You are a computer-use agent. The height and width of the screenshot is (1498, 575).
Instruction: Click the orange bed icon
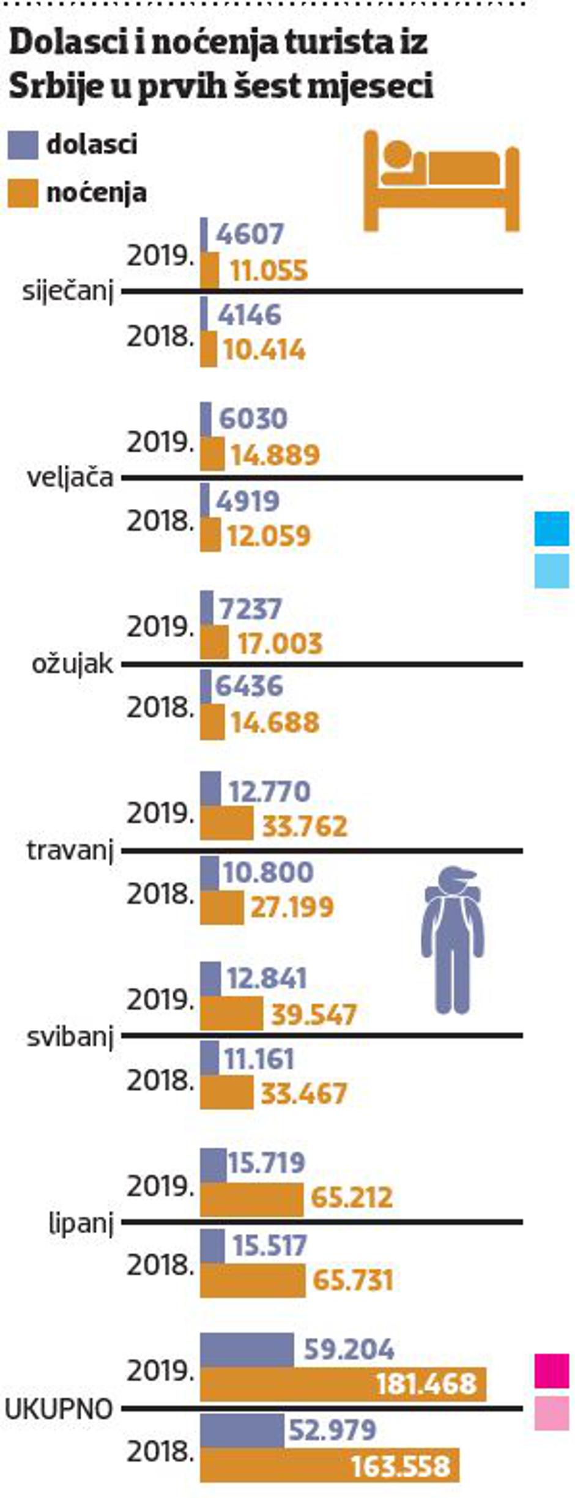(x=441, y=181)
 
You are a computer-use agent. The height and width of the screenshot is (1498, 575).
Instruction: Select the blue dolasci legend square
(x=23, y=146)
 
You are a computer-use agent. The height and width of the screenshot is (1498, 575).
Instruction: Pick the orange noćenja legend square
(x=23, y=193)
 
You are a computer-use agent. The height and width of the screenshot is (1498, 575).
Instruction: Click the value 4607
(x=250, y=234)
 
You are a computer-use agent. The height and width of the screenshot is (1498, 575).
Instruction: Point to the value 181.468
(x=426, y=1384)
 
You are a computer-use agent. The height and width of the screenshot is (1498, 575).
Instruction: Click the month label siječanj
(x=68, y=291)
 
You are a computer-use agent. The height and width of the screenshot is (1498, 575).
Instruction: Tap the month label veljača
(x=70, y=478)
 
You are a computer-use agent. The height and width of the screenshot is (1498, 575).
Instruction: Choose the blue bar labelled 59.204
(x=247, y=1350)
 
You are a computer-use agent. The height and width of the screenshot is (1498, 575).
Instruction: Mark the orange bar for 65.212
(x=251, y=1200)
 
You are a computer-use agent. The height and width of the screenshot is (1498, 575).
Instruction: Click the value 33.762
(x=304, y=826)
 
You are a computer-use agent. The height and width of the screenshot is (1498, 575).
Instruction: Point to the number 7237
(x=250, y=609)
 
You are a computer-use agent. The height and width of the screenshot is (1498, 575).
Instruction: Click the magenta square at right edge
(x=551, y=1371)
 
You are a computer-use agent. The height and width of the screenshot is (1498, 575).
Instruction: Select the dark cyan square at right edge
(x=551, y=528)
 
